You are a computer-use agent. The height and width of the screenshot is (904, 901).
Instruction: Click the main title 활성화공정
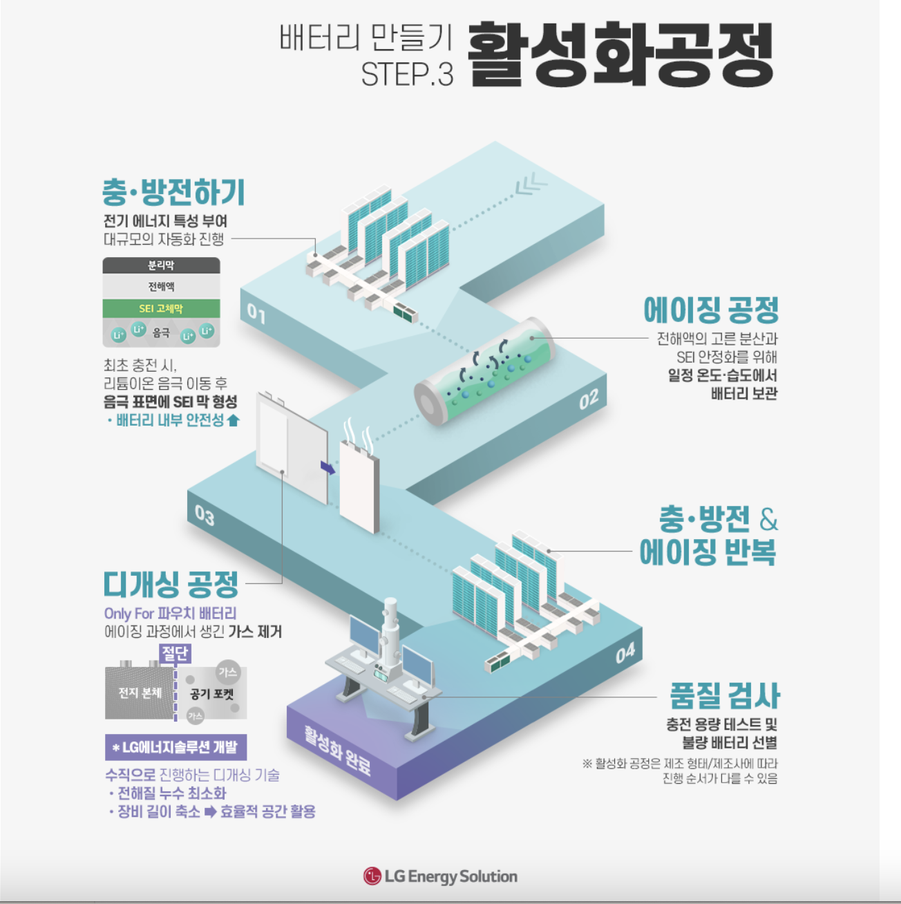pos(620,55)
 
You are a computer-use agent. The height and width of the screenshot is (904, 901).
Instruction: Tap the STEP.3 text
pos(407,75)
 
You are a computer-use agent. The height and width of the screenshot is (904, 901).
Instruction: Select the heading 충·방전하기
pos(173,192)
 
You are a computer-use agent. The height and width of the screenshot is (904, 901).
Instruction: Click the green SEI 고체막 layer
pos(161,308)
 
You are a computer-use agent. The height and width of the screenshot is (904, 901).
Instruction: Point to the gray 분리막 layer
pos(161,265)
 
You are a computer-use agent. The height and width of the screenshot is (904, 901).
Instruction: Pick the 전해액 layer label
pos(161,287)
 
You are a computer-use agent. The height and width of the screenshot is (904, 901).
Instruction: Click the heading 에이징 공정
pos(711,310)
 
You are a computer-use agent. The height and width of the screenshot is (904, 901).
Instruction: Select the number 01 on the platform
pos(256,314)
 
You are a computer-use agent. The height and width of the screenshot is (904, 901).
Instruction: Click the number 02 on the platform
pos(589,399)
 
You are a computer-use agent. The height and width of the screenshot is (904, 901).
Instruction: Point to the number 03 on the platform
pos(205,515)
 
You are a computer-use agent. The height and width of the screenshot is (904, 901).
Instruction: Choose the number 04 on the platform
pos(625,653)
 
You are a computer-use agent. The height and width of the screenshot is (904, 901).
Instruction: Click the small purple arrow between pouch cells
pos(328,468)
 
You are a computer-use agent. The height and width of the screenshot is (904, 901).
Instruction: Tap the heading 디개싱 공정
pos(171,584)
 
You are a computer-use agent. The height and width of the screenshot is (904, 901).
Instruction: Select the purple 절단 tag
pos(174,653)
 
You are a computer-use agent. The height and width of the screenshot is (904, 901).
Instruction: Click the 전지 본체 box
pos(140,693)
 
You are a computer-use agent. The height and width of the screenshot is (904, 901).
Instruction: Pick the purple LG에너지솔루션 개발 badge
pos(176,747)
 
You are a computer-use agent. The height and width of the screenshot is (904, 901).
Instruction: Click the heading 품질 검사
pos(724,695)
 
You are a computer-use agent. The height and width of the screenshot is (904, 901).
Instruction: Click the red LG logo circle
pos(372,876)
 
